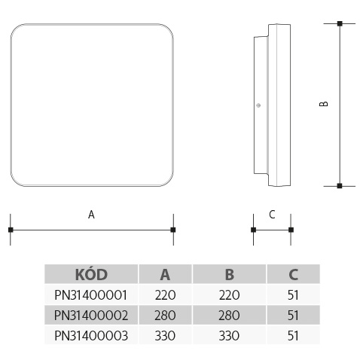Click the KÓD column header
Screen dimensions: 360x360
point(91,274)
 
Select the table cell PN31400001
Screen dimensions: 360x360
point(90,295)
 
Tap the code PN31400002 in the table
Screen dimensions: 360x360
point(91,316)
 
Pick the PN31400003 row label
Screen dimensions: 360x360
point(91,336)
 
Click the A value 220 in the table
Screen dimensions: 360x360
point(165,295)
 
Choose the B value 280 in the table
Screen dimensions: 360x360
point(229,316)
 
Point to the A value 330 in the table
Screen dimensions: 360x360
point(165,336)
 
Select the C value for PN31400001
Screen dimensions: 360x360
point(293,295)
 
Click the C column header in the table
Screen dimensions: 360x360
point(293,274)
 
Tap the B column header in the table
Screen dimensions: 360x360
point(230,274)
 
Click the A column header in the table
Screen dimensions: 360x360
point(165,274)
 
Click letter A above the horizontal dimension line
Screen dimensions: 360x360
point(91,215)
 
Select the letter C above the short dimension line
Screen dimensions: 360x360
point(272,215)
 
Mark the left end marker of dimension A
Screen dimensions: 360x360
point(11,230)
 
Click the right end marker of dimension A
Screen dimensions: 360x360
point(173,230)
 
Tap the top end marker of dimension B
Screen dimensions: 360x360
point(340,24)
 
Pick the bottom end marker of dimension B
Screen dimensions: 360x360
point(340,186)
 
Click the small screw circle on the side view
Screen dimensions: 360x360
point(258,105)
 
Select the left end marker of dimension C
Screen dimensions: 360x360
point(254,230)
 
